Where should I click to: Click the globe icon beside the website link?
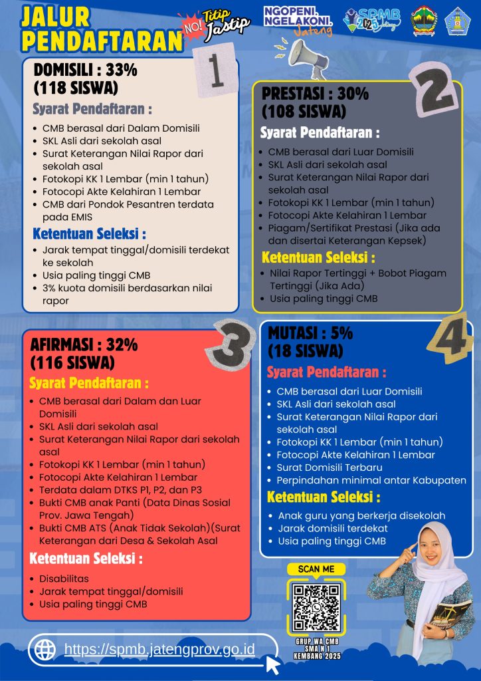tap(45, 649)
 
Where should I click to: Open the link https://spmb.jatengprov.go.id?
tap(159, 649)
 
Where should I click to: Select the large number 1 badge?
tap(215, 70)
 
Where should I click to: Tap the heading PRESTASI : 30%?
tap(315, 94)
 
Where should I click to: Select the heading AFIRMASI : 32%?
tap(84, 344)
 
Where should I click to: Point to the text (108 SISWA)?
tap(304, 110)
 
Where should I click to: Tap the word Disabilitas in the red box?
tap(64, 579)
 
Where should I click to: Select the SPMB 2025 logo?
tap(371, 20)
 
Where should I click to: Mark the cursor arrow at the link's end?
tap(272, 664)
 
